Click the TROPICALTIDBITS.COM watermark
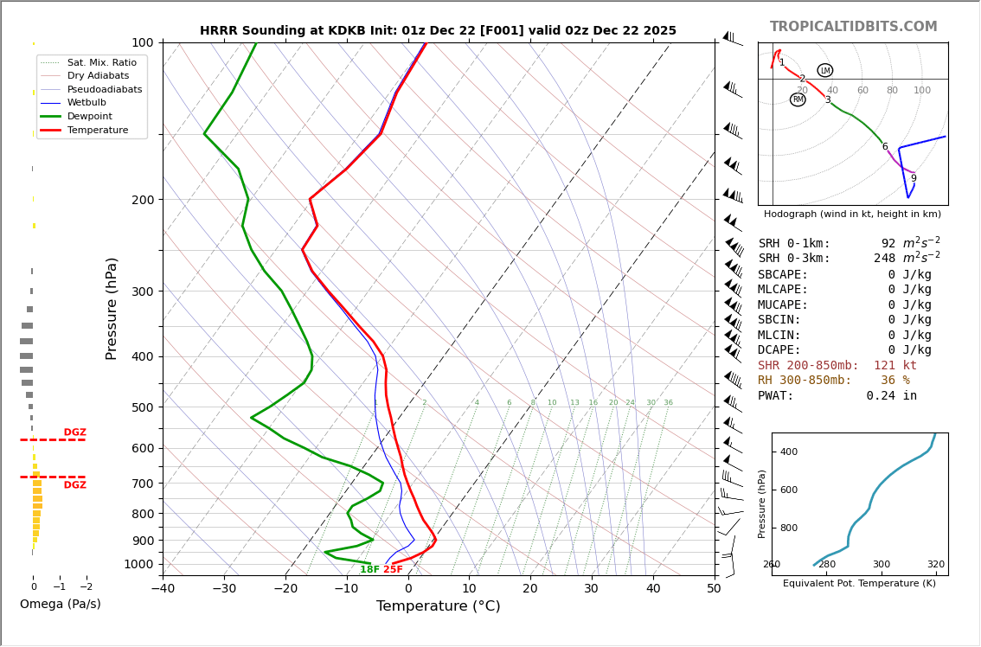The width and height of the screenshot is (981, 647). pyautogui.click(x=853, y=27)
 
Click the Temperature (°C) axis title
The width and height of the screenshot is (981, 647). pyautogui.click(x=438, y=606)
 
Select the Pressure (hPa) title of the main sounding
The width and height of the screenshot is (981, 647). pyautogui.click(x=112, y=308)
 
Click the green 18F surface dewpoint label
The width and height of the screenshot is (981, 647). pyautogui.click(x=369, y=570)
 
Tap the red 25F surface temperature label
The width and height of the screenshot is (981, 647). pyautogui.click(x=393, y=570)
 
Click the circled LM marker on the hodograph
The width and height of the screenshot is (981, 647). pyautogui.click(x=825, y=70)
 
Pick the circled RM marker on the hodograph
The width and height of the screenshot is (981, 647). pyautogui.click(x=798, y=99)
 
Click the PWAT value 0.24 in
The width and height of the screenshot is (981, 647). pyautogui.click(x=891, y=396)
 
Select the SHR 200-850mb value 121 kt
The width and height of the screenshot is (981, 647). pyautogui.click(x=894, y=366)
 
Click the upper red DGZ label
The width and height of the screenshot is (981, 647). pyautogui.click(x=74, y=432)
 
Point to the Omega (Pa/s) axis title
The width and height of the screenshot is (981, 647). pyautogui.click(x=60, y=605)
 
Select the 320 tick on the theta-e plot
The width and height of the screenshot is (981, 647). pyautogui.click(x=936, y=565)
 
